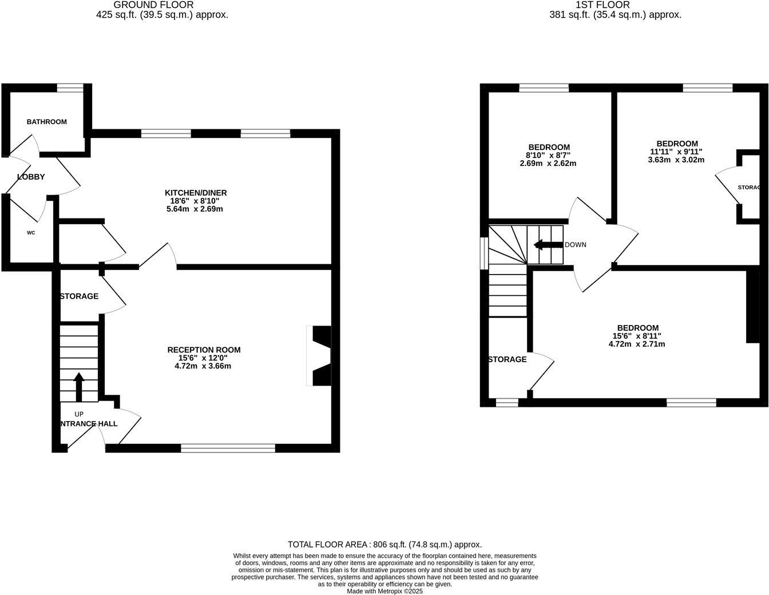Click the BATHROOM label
pos(47,122)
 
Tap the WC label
pos(31,233)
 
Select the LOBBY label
pos(31,177)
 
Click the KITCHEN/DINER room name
pos(196,193)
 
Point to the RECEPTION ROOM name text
pos(204,350)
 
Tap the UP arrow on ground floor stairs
pos(78,387)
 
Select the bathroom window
pos(70,88)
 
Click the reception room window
pos(228,448)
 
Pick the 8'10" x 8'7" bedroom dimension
pos(549,156)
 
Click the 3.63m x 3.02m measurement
pos(676,160)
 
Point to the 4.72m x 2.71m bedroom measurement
pos(637,344)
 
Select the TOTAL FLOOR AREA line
pos(384,545)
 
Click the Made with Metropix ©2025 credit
pos(384,591)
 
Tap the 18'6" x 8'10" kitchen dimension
pos(196,201)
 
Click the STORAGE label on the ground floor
pos(79,296)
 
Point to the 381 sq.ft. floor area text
pos(615,15)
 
